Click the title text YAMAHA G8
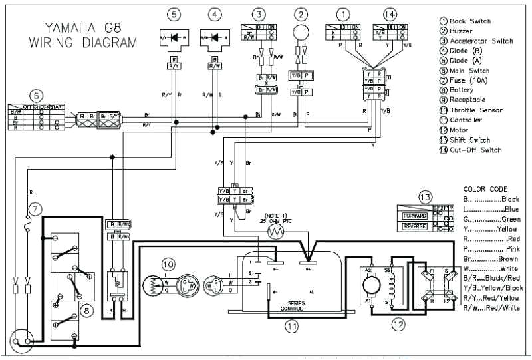click(83, 28)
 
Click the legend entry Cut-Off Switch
click(475, 150)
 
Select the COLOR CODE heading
click(485, 189)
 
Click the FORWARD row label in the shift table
click(414, 216)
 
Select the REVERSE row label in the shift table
click(414, 226)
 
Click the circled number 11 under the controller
click(291, 325)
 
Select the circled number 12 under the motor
click(398, 325)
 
